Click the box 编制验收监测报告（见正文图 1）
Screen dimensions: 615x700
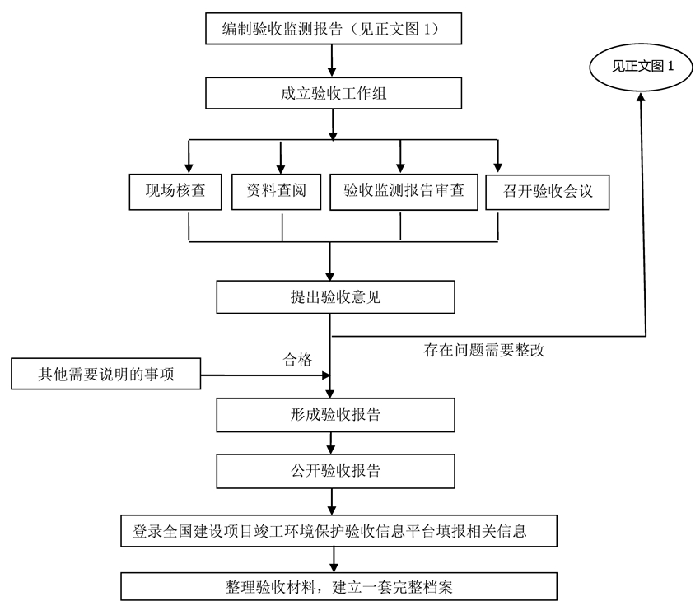coord(331,30)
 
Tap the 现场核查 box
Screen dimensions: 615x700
coord(175,192)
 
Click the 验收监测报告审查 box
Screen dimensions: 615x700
coord(404,192)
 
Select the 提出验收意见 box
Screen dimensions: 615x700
coord(335,297)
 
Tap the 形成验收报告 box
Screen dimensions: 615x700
coord(335,414)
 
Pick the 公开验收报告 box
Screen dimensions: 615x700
coord(335,471)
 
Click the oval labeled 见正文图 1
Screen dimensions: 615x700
coord(643,68)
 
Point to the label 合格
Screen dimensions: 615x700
coord(297,359)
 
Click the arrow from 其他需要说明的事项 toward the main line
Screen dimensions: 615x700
coord(264,376)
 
